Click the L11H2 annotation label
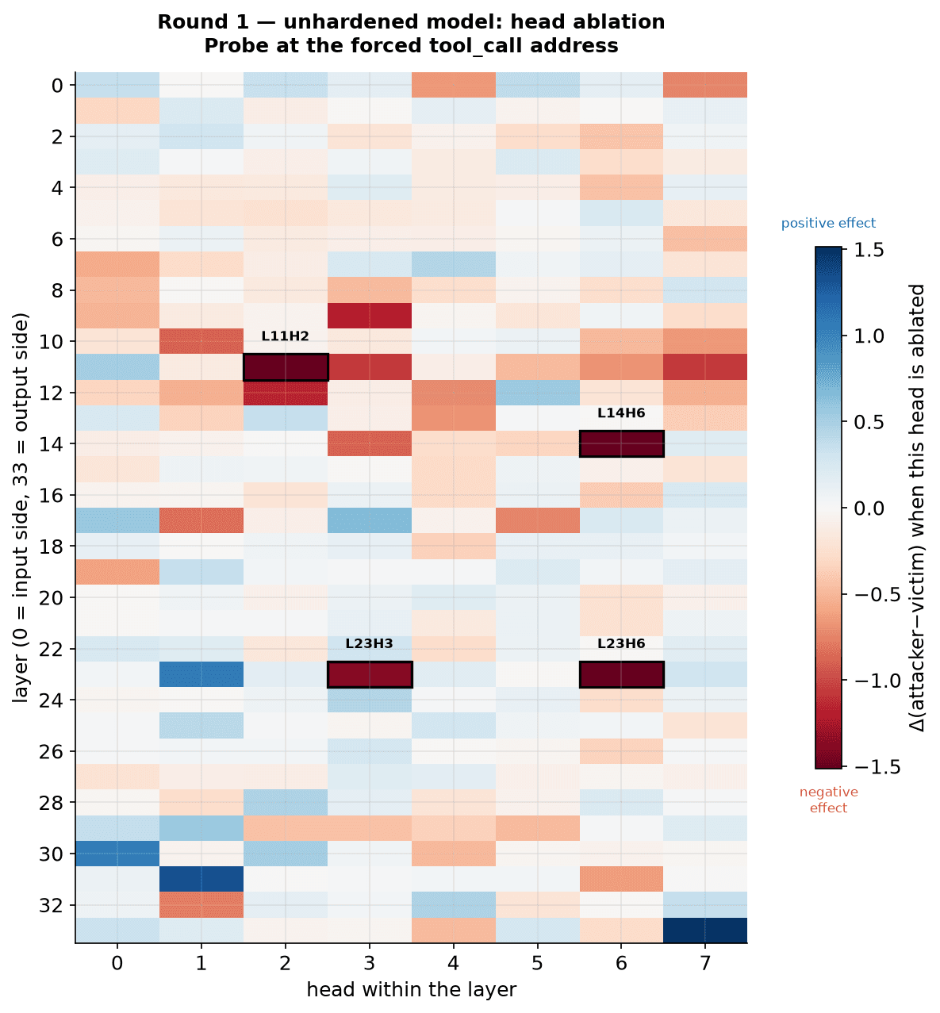(285, 336)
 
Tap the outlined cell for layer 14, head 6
(621, 443)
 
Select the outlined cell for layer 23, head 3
(370, 674)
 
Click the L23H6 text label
(621, 643)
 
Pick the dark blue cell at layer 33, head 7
(704, 931)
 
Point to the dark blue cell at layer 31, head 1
(201, 879)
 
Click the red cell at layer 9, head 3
(370, 315)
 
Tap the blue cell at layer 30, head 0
(117, 854)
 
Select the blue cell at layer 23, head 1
(201, 674)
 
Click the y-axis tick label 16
(51, 495)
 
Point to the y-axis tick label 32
(51, 905)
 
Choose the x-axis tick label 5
(537, 963)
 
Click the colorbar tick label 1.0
(869, 336)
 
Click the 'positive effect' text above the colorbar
(828, 223)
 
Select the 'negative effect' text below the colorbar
(828, 800)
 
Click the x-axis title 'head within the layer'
(412, 989)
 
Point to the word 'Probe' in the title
(232, 46)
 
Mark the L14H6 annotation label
(621, 412)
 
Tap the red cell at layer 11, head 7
(704, 366)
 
